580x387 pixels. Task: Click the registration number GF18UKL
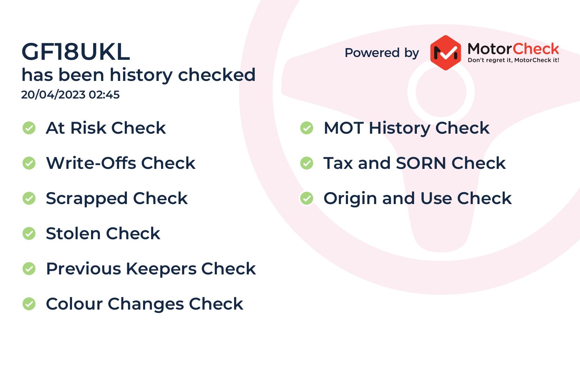(x=76, y=52)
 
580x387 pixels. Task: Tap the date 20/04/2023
(x=53, y=95)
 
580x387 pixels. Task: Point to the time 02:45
(x=104, y=95)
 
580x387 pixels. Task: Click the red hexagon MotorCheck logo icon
(x=445, y=53)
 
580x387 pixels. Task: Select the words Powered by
(x=382, y=53)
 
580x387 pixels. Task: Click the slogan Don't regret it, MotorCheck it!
(x=513, y=60)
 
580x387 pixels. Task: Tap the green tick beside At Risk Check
(x=29, y=128)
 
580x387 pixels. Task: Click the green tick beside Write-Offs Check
(x=29, y=163)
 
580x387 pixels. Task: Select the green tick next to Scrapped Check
(x=29, y=198)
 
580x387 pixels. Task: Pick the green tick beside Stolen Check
(x=29, y=234)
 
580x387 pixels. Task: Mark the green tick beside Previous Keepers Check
(x=29, y=268)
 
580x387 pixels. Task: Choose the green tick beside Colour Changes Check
(x=29, y=304)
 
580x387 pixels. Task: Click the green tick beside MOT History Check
(x=307, y=128)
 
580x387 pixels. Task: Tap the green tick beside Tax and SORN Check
(x=307, y=163)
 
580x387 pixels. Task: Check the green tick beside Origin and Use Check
(x=307, y=198)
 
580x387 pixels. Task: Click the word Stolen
(x=73, y=234)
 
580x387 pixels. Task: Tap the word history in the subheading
(x=141, y=75)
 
